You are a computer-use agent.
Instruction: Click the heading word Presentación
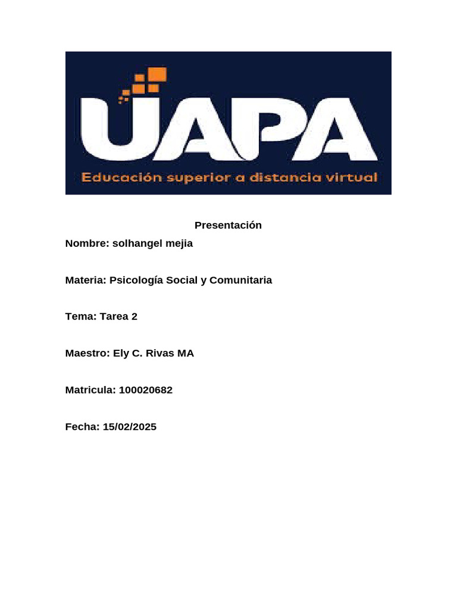[x=228, y=225]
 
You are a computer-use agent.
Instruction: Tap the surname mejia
[x=181, y=244]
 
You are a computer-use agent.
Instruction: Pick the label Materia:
[x=86, y=280]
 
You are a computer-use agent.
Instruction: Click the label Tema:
[x=80, y=316]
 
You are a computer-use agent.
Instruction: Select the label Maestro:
[x=87, y=353]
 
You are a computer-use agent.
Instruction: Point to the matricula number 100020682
[x=146, y=390]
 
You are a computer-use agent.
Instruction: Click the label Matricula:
[x=90, y=390]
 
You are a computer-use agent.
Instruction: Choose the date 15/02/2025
[x=130, y=426]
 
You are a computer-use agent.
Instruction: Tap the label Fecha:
[x=82, y=426]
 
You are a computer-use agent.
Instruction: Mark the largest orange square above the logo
[x=158, y=74]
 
